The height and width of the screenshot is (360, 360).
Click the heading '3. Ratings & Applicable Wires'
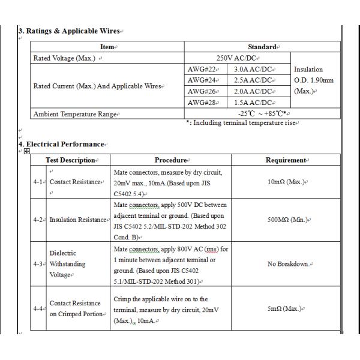(70, 31)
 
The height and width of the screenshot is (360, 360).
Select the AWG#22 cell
(203, 70)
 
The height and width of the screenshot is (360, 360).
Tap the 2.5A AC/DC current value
(254, 80)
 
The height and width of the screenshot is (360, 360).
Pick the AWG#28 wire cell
(203, 103)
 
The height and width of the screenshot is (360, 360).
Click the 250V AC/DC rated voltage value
(238, 58)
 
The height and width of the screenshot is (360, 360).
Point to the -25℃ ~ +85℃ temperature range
(262, 114)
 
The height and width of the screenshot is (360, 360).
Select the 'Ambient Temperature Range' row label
(74, 114)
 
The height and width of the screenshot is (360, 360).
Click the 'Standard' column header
(262, 47)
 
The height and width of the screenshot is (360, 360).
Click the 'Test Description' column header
(71, 160)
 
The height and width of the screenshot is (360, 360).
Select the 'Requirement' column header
(286, 160)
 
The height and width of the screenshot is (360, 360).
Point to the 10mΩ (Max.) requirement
(286, 182)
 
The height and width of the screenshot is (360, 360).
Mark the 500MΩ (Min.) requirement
(287, 220)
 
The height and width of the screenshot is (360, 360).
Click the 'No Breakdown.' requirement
(287, 264)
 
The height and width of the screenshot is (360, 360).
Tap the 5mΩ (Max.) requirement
(287, 308)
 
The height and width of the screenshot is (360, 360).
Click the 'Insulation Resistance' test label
(78, 220)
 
